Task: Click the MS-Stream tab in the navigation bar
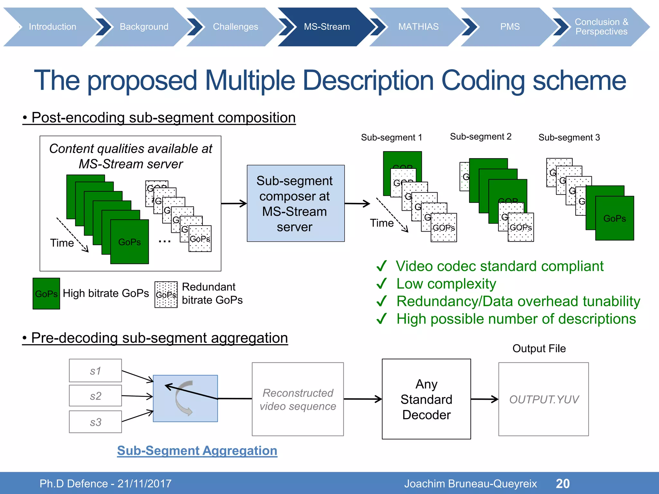pyautogui.click(x=326, y=27)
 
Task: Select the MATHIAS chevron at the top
pyautogui.click(x=418, y=27)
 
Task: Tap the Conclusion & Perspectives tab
pyautogui.click(x=601, y=27)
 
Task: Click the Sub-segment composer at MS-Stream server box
pyautogui.click(x=295, y=203)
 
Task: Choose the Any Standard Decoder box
pyautogui.click(x=426, y=399)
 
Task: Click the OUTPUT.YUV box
pyautogui.click(x=543, y=399)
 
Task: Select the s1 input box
pyautogui.click(x=95, y=370)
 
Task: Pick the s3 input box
pyautogui.click(x=95, y=422)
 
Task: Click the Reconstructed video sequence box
pyautogui.click(x=298, y=399)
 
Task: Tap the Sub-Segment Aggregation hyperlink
pyautogui.click(x=197, y=451)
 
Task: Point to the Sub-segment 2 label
pyautogui.click(x=480, y=137)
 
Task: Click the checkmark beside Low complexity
pyautogui.click(x=382, y=284)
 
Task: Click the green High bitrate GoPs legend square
pyautogui.click(x=46, y=293)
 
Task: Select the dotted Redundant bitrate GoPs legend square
pyautogui.click(x=166, y=295)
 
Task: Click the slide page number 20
pyautogui.click(x=563, y=483)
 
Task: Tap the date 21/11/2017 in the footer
pyautogui.click(x=144, y=483)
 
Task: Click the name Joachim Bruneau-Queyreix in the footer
pyautogui.click(x=470, y=483)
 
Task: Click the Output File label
pyautogui.click(x=539, y=348)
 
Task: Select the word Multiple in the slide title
pyautogui.click(x=250, y=80)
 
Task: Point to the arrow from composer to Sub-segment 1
pyautogui.click(x=357, y=203)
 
